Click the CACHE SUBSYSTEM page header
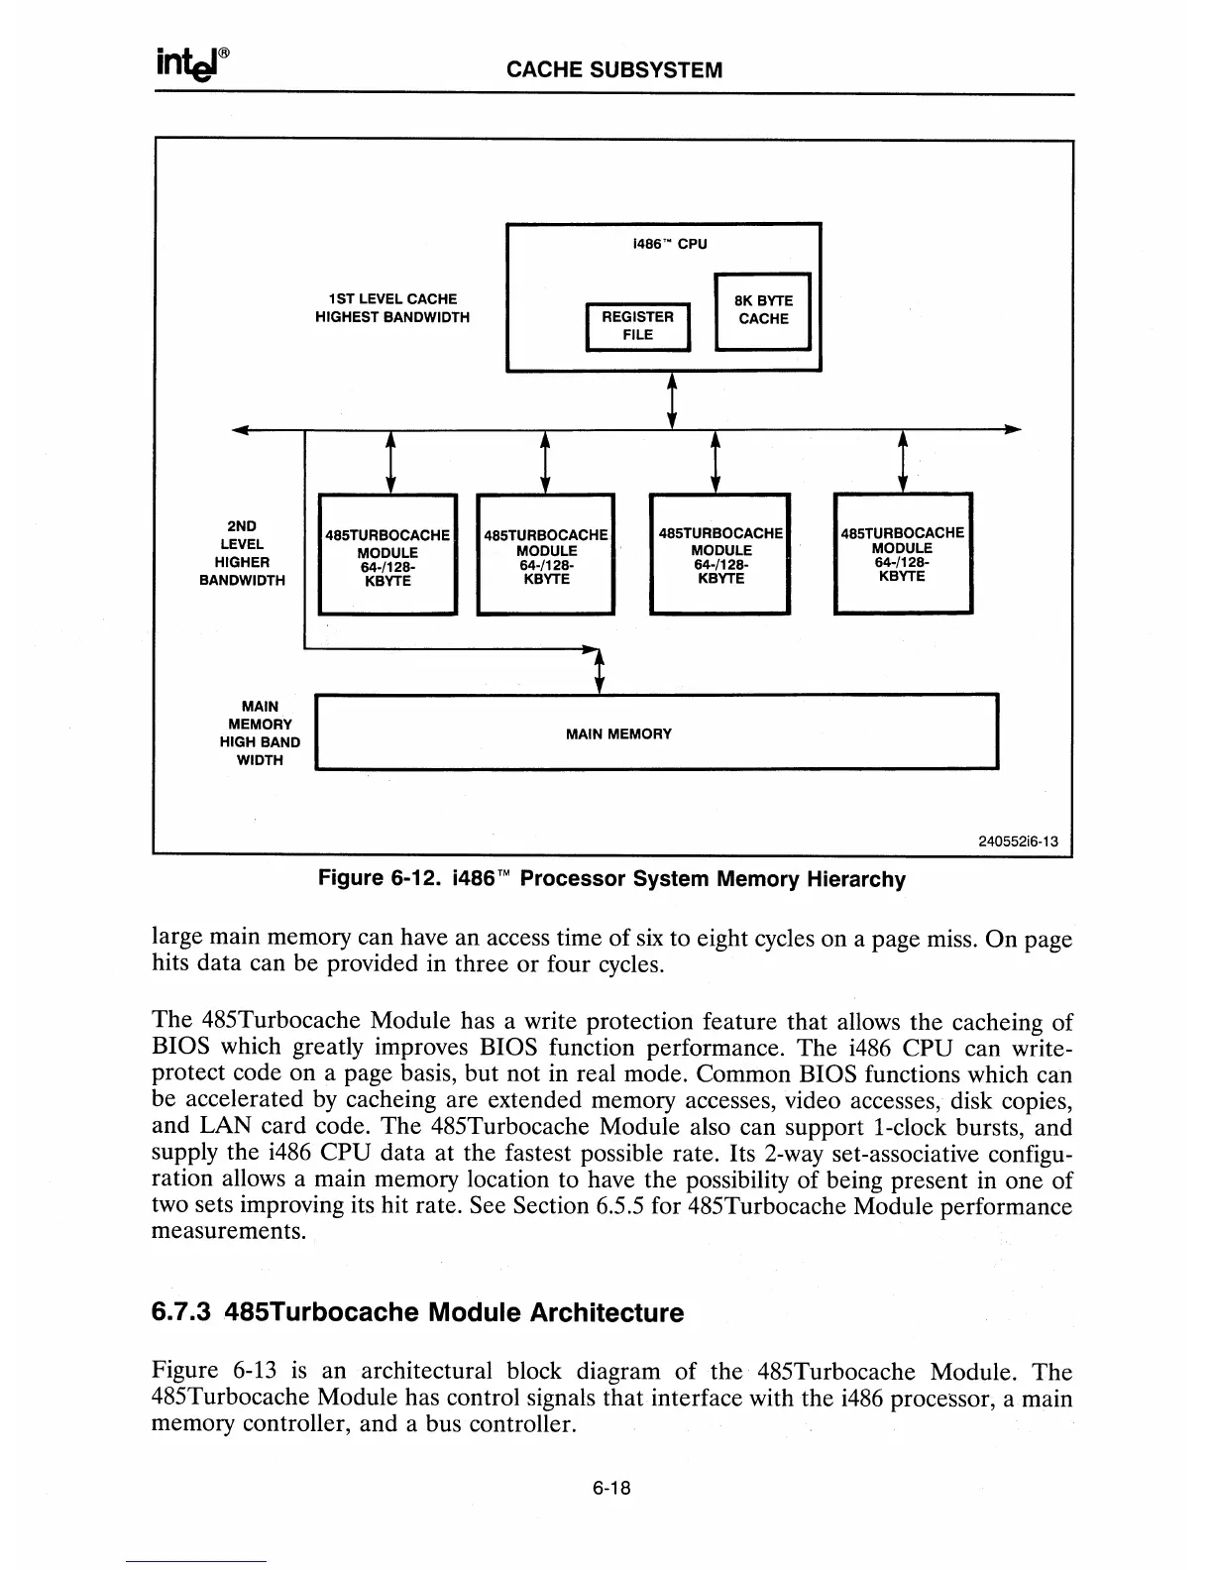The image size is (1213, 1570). [x=613, y=70]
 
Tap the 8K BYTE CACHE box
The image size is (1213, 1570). [x=762, y=310]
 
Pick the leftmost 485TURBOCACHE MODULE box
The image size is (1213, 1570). [x=386, y=554]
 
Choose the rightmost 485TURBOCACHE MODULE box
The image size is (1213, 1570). [x=902, y=553]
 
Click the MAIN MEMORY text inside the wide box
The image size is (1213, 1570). [x=618, y=734]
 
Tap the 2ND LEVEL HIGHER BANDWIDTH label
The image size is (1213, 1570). [x=242, y=553]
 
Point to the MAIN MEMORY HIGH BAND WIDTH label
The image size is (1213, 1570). [x=260, y=733]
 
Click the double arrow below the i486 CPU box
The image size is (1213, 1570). [x=673, y=400]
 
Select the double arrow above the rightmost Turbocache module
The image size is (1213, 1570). [x=902, y=462]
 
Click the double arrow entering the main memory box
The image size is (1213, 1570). [x=599, y=670]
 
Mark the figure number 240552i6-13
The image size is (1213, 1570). [x=1018, y=842]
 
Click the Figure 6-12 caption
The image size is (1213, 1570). [x=610, y=879]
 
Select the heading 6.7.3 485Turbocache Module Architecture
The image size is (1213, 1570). [x=417, y=1313]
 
